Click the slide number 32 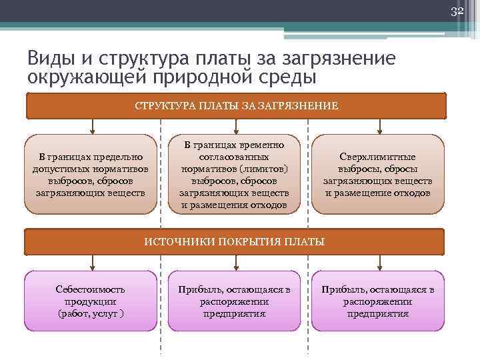[457, 11]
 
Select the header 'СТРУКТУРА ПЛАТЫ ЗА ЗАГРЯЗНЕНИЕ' [236, 105]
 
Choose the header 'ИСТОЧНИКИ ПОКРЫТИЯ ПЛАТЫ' [235, 241]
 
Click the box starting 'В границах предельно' [90, 175]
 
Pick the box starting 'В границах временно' [234, 175]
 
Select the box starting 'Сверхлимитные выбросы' [378, 175]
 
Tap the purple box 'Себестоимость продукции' [90, 301]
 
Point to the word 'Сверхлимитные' [378, 157]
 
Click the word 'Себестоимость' [90, 289]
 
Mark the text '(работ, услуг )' [90, 313]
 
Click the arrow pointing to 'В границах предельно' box [90, 127]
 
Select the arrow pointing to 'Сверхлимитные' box [379, 127]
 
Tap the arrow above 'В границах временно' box [234, 127]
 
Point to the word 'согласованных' [234, 157]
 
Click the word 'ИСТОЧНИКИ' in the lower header [172, 241]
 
